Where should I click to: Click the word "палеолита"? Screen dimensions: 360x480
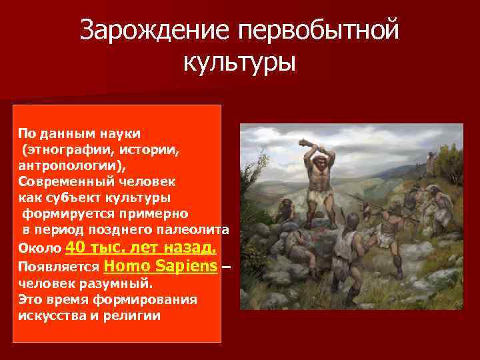pos(197,230)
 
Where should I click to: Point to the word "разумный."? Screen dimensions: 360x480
pos(105,283)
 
